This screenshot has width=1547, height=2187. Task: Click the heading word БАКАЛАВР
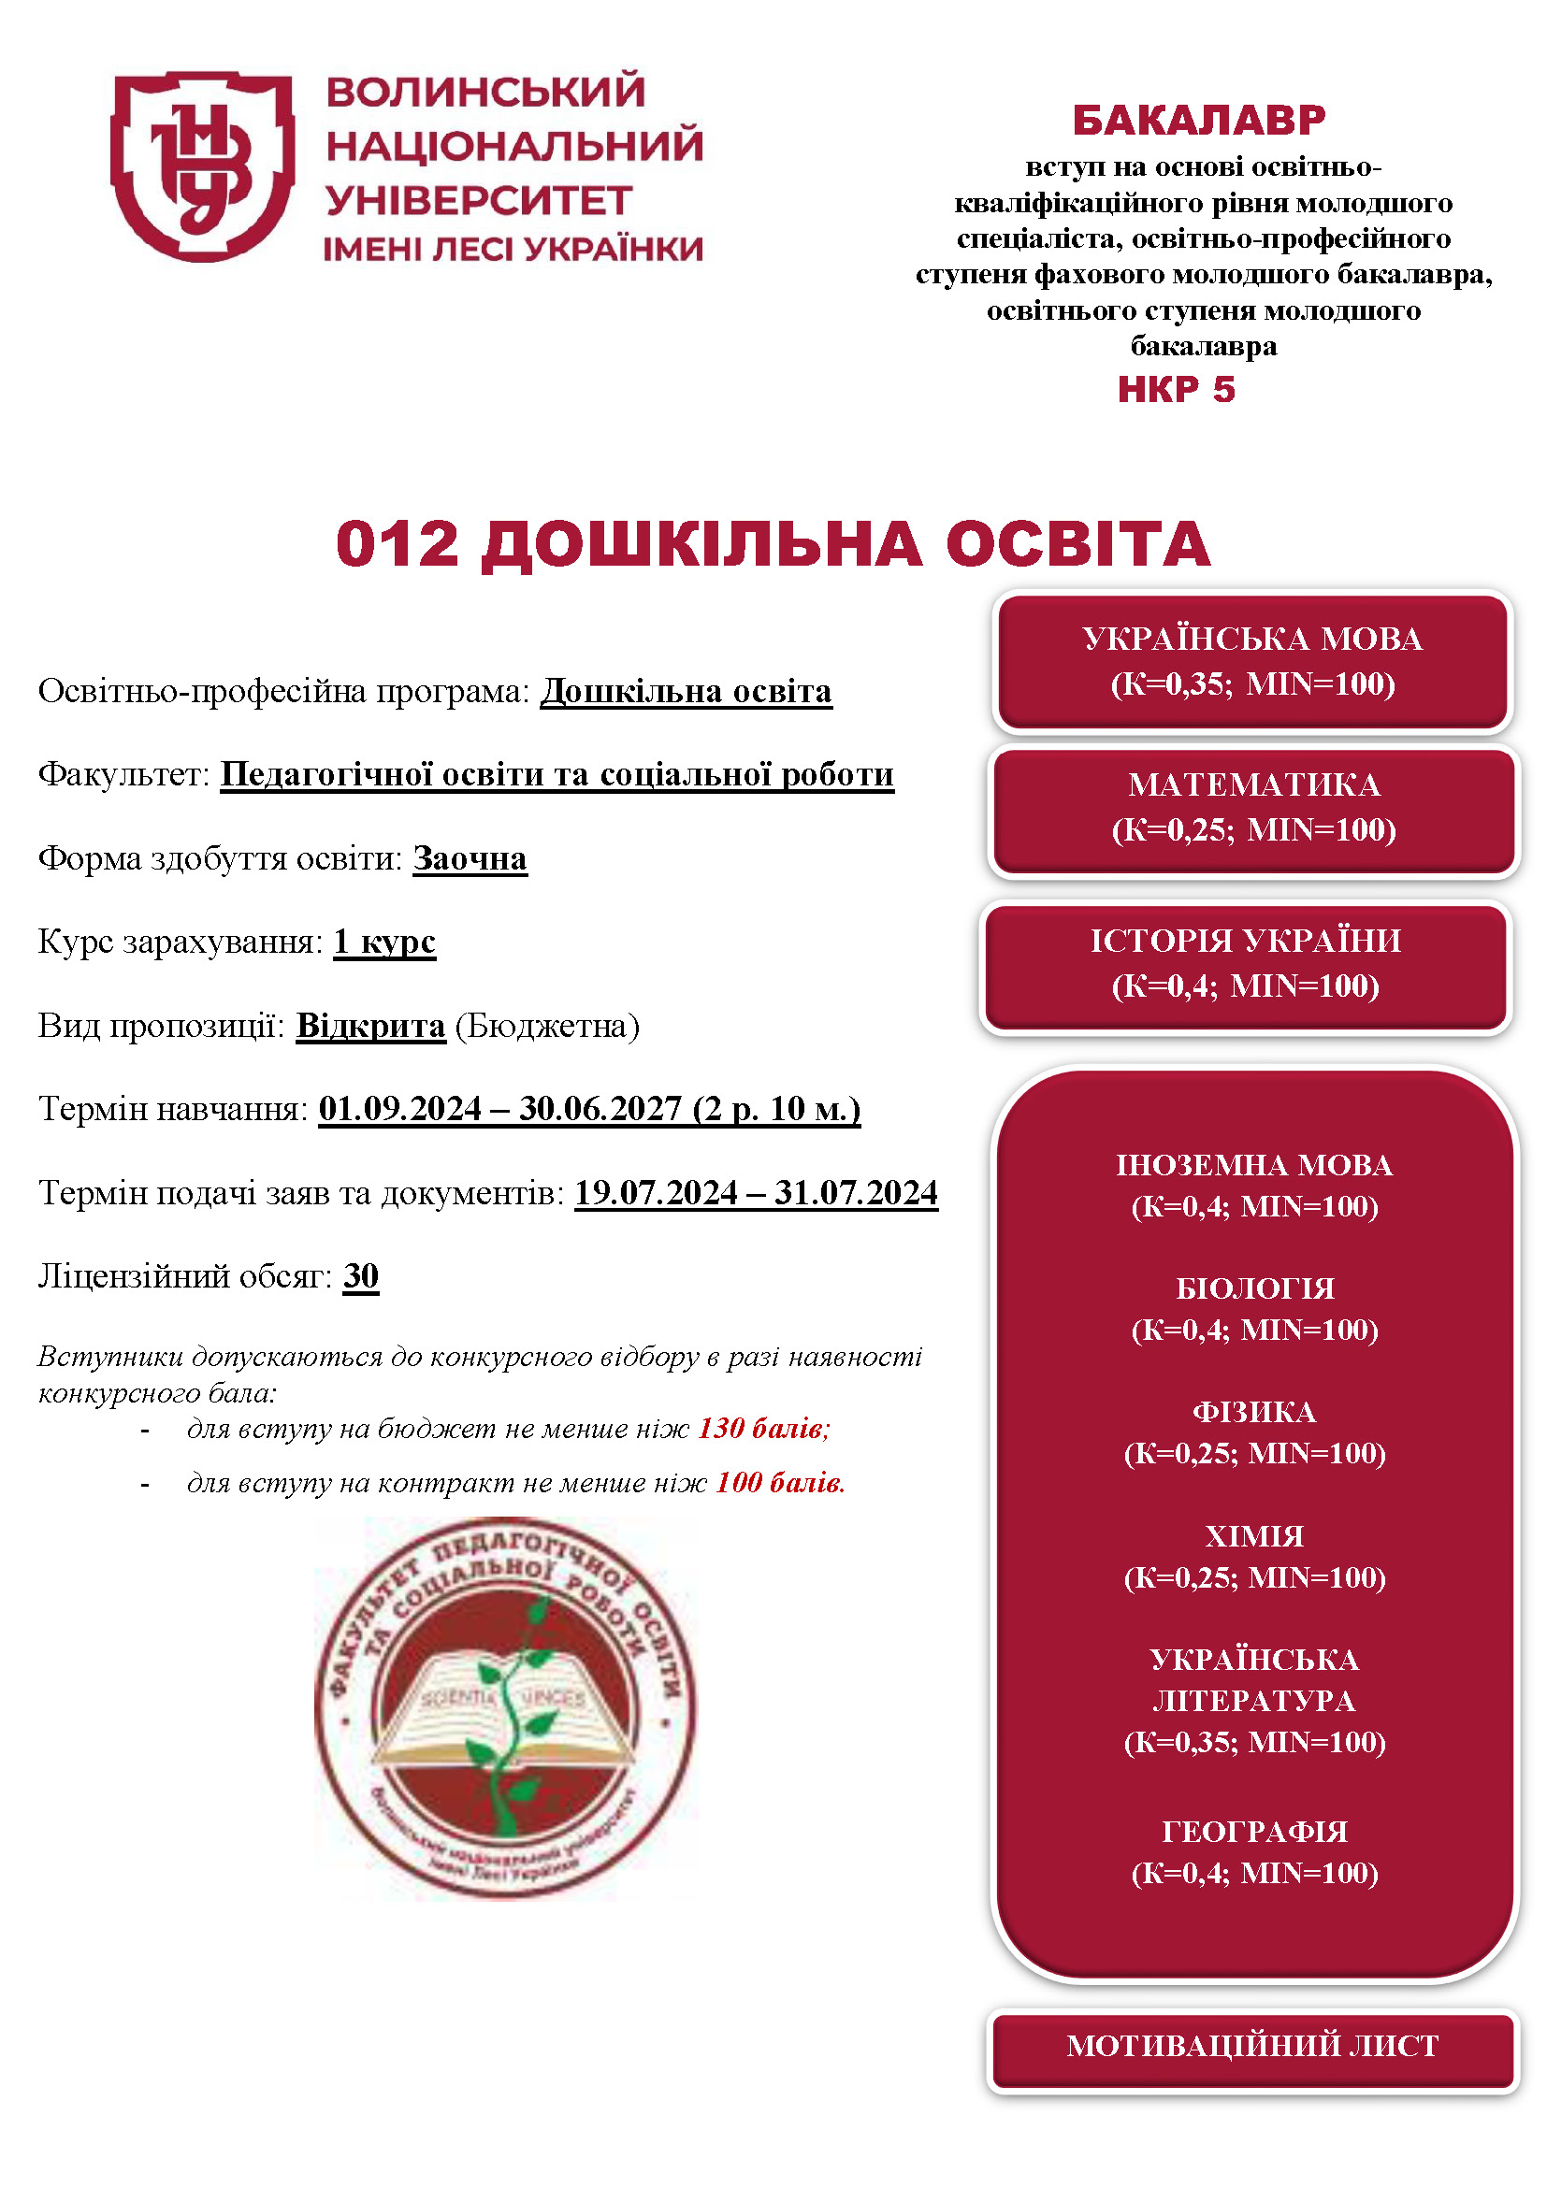pyautogui.click(x=1198, y=120)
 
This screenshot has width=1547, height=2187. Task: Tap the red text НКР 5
pyautogui.click(x=1176, y=390)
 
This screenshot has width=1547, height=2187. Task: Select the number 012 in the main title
pyautogui.click(x=398, y=545)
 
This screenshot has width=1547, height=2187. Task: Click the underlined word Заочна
pyautogui.click(x=470, y=858)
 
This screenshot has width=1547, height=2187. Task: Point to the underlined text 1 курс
pyautogui.click(x=383, y=942)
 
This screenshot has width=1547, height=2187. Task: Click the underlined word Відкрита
pyautogui.click(x=370, y=1026)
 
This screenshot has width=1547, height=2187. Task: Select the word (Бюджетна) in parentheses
pyautogui.click(x=547, y=1026)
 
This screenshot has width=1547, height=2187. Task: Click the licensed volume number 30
pyautogui.click(x=361, y=1275)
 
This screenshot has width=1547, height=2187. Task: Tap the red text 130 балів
pyautogui.click(x=763, y=1428)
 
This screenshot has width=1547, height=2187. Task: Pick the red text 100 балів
pyautogui.click(x=779, y=1482)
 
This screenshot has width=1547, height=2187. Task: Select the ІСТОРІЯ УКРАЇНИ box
pyautogui.click(x=1245, y=964)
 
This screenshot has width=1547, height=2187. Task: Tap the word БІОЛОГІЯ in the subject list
pyautogui.click(x=1254, y=1288)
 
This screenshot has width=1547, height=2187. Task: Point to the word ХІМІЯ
pyautogui.click(x=1254, y=1535)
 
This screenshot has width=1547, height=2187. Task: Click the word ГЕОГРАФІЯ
pyautogui.click(x=1254, y=1831)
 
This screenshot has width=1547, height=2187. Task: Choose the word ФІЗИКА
pyautogui.click(x=1254, y=1412)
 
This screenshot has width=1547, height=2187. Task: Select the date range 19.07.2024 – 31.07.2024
pyautogui.click(x=757, y=1192)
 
